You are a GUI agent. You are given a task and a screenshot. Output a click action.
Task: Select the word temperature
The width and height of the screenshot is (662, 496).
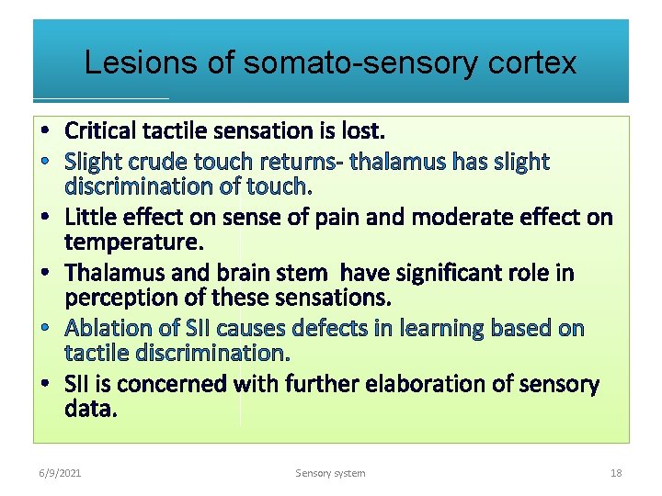[x=133, y=242]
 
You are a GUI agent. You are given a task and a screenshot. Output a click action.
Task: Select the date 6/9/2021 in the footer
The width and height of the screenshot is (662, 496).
[x=60, y=473]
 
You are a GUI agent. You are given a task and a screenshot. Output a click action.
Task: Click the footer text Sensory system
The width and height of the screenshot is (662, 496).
[x=330, y=473]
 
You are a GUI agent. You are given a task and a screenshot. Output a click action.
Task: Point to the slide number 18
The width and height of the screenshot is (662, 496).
[x=615, y=473]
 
